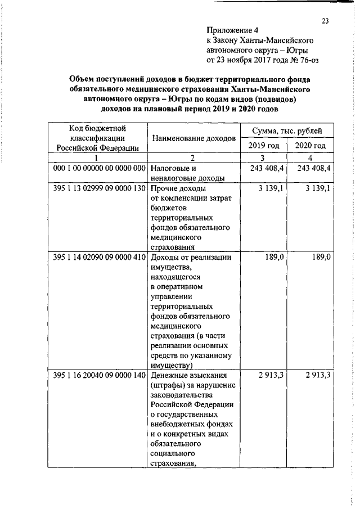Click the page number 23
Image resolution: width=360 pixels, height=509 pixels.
tap(325, 21)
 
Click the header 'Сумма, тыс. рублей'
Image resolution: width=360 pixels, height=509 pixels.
tap(287, 131)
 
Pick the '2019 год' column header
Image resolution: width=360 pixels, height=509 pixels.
tap(263, 146)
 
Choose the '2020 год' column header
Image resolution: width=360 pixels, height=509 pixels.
tap(310, 146)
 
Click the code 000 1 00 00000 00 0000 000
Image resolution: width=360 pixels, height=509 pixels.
tap(100, 168)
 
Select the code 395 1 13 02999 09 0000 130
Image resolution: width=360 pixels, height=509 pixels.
tap(100, 188)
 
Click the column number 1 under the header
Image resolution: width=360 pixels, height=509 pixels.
tap(97, 158)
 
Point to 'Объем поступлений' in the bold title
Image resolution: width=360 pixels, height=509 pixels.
tap(103, 79)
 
